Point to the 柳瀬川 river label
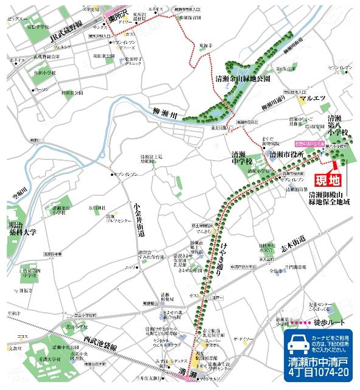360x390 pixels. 162,111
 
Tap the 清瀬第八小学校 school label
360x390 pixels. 334,127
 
